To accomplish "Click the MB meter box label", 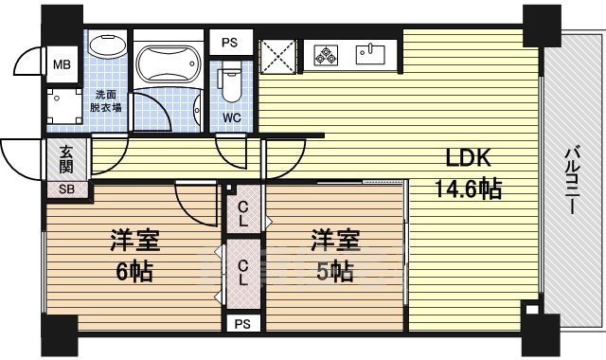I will coord(61,65).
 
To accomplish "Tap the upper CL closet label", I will coord(243,213).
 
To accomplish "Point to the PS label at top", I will coord(230,42).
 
